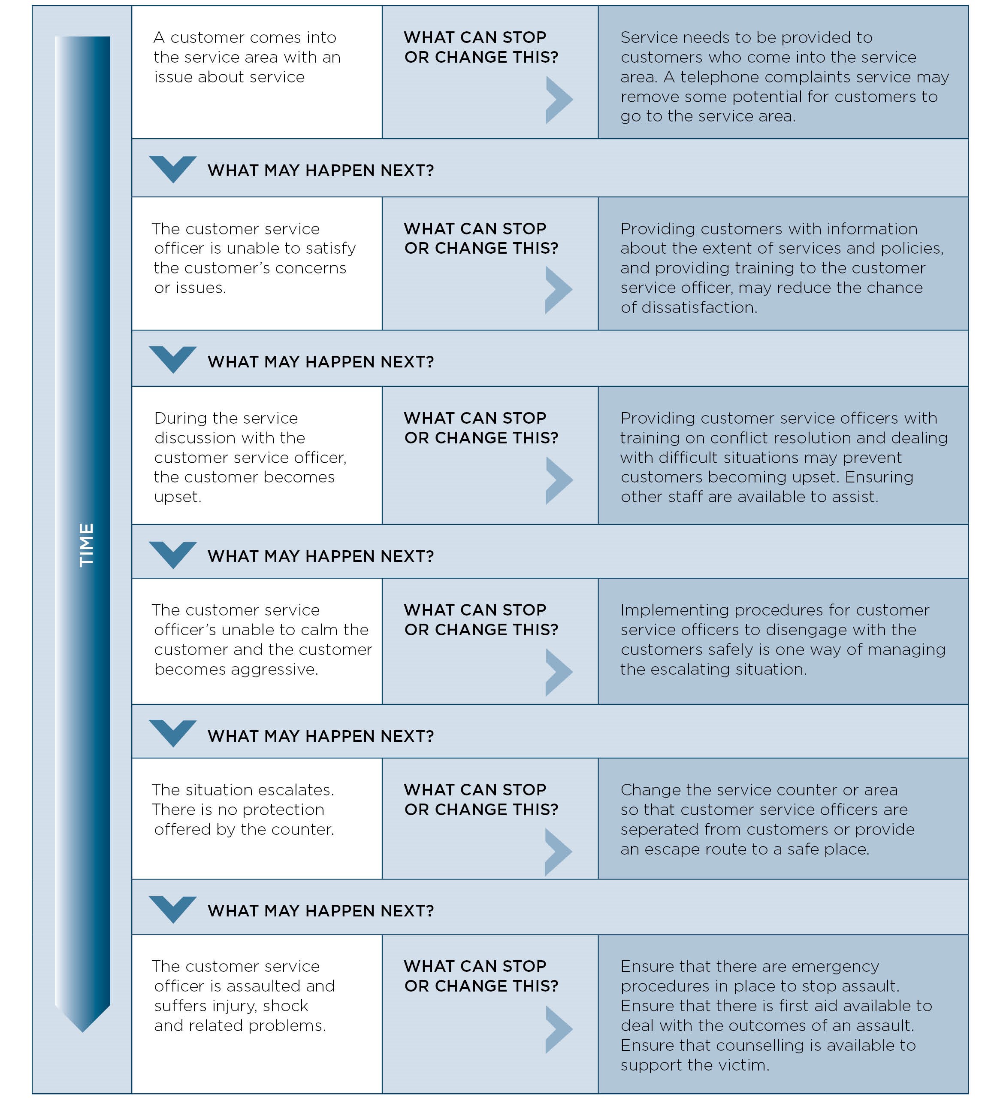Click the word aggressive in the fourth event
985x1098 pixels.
[274, 670]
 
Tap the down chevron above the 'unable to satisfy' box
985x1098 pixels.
[172, 169]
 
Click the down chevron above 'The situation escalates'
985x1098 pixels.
[172, 733]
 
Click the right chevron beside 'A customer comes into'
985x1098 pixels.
[559, 100]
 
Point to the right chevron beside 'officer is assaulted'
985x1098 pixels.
[559, 1029]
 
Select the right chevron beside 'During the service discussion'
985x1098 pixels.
[559, 481]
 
